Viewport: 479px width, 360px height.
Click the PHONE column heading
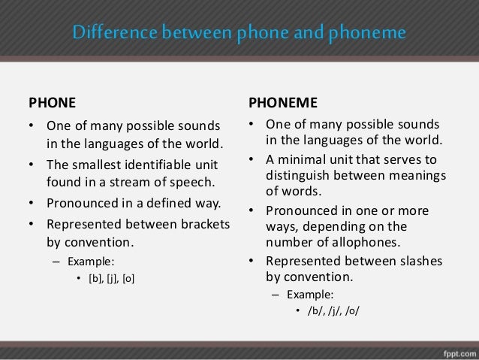click(x=52, y=101)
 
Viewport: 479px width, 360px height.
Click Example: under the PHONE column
click(x=89, y=262)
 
